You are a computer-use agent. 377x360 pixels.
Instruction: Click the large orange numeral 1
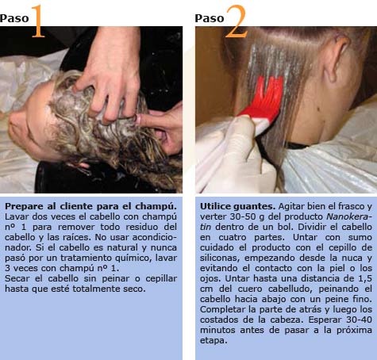pos(38,21)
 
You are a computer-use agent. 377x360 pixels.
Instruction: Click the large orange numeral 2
pos(237,21)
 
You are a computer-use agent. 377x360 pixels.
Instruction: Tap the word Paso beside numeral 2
pos(210,18)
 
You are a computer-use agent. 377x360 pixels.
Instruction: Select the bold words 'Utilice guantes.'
pos(237,206)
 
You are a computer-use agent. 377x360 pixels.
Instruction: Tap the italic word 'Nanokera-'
pos(349,216)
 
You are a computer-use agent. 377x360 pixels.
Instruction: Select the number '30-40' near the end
pos(359,320)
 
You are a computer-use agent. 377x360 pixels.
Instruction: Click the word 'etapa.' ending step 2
pos(214,340)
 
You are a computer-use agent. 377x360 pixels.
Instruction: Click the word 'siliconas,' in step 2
pos(220,258)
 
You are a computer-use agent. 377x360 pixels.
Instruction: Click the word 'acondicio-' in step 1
pos(155,237)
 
